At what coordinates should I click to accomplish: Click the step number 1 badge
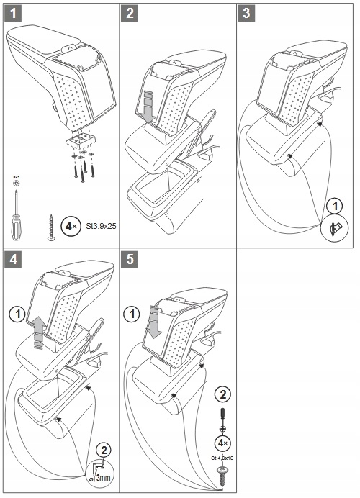pyautogui.click(x=13, y=14)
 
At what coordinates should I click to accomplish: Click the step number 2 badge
pyautogui.click(x=130, y=14)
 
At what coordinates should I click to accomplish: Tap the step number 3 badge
pyautogui.click(x=246, y=14)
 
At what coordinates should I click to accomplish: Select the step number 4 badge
pyautogui.click(x=13, y=260)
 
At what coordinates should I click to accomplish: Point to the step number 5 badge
pyautogui.click(x=130, y=260)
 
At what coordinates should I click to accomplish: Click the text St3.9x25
pyautogui.click(x=101, y=227)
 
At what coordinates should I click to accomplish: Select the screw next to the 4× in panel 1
pyautogui.click(x=51, y=227)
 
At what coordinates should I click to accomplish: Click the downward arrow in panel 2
pyautogui.click(x=148, y=107)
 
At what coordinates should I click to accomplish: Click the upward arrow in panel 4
pyautogui.click(x=40, y=332)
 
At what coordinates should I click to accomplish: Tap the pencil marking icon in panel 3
pyautogui.click(x=335, y=228)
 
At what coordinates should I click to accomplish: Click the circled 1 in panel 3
pyautogui.click(x=335, y=206)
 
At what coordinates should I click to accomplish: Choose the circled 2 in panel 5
pyautogui.click(x=222, y=395)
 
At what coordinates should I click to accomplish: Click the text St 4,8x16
pyautogui.click(x=222, y=458)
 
